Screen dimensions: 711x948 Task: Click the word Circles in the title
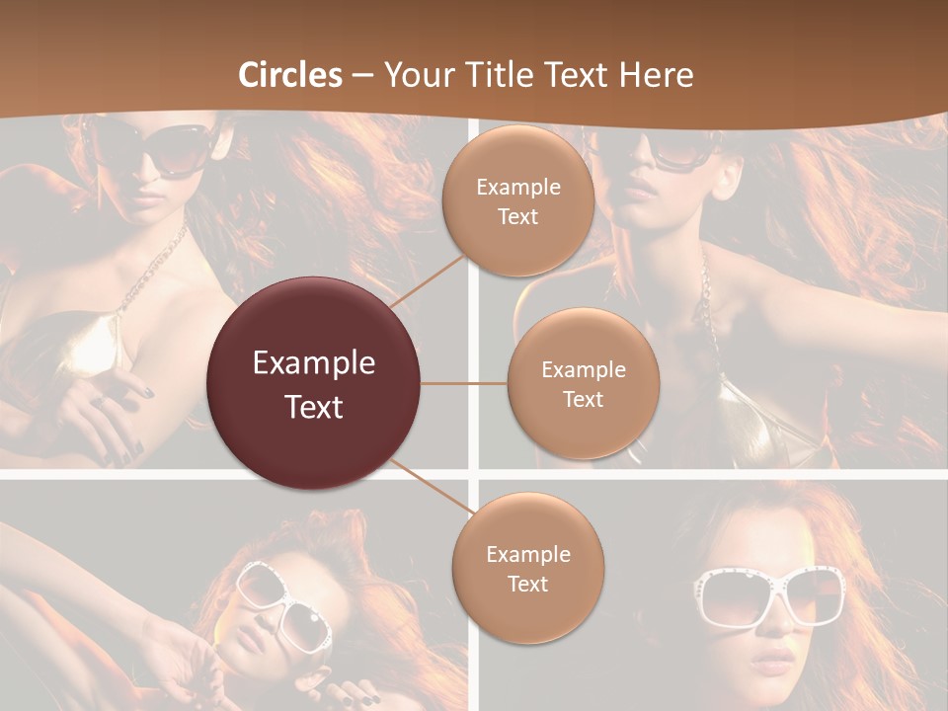[290, 75]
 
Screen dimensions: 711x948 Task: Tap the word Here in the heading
[656, 75]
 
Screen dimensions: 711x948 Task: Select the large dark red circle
[314, 383]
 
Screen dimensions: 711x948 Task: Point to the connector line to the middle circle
[464, 383]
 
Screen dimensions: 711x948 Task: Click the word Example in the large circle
[314, 363]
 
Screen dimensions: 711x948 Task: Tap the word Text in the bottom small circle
[528, 584]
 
